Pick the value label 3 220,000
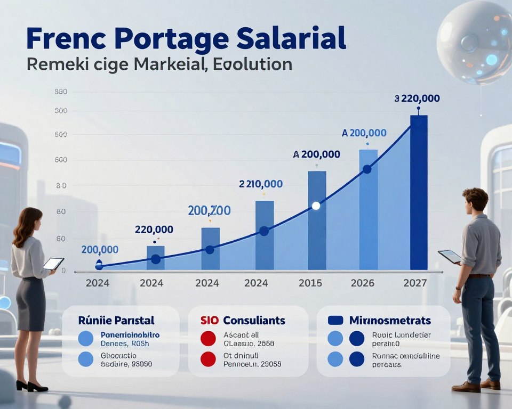point(417,99)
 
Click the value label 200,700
point(210,211)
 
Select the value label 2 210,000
point(261,184)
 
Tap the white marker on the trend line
point(315,205)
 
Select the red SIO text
point(210,321)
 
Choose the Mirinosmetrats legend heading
point(390,321)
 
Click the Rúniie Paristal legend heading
point(116,321)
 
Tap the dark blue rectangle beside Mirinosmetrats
point(335,321)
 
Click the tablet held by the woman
point(53,263)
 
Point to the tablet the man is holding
point(450,256)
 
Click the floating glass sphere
point(474,42)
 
